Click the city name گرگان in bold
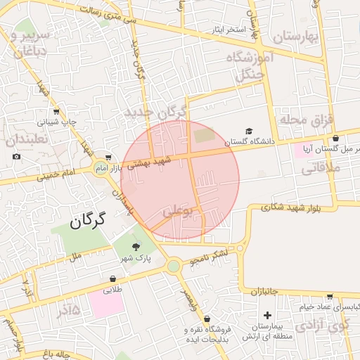[87, 220]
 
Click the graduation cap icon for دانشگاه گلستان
[248, 131]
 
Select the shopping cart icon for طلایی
[113, 278]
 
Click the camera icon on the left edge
[17, 156]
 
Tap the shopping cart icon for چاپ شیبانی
[56, 111]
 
